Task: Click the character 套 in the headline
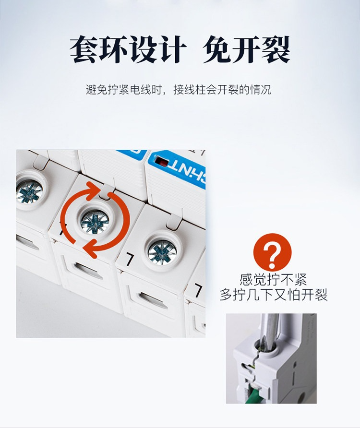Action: click(84, 50)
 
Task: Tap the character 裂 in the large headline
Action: click(276, 50)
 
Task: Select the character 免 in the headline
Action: click(217, 50)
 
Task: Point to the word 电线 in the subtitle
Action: click(141, 90)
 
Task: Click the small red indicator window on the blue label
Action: click(163, 163)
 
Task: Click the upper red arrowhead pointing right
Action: click(94, 190)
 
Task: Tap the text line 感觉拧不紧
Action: click(273, 280)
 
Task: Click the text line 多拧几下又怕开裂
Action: click(274, 295)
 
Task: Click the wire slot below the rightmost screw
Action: click(153, 300)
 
